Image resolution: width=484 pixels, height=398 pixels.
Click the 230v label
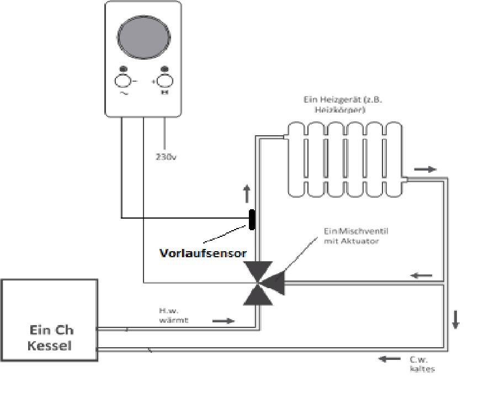(x=165, y=156)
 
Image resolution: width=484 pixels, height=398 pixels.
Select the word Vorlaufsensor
(x=203, y=253)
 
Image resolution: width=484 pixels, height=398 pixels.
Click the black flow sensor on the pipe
(x=252, y=220)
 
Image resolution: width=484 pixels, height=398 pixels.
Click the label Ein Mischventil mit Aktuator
(x=351, y=236)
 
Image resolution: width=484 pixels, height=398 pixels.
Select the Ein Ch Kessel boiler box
(x=50, y=320)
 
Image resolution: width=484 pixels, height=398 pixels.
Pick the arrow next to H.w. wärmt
(x=224, y=320)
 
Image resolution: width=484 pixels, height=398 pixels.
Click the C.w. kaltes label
(x=421, y=364)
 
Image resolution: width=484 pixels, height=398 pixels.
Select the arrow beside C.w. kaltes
(x=390, y=359)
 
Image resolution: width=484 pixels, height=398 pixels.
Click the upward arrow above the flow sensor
(x=247, y=194)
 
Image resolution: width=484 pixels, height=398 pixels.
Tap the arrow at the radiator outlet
(x=424, y=169)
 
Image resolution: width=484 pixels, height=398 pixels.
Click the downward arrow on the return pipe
(x=455, y=320)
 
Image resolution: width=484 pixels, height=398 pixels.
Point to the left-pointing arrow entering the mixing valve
(x=421, y=275)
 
